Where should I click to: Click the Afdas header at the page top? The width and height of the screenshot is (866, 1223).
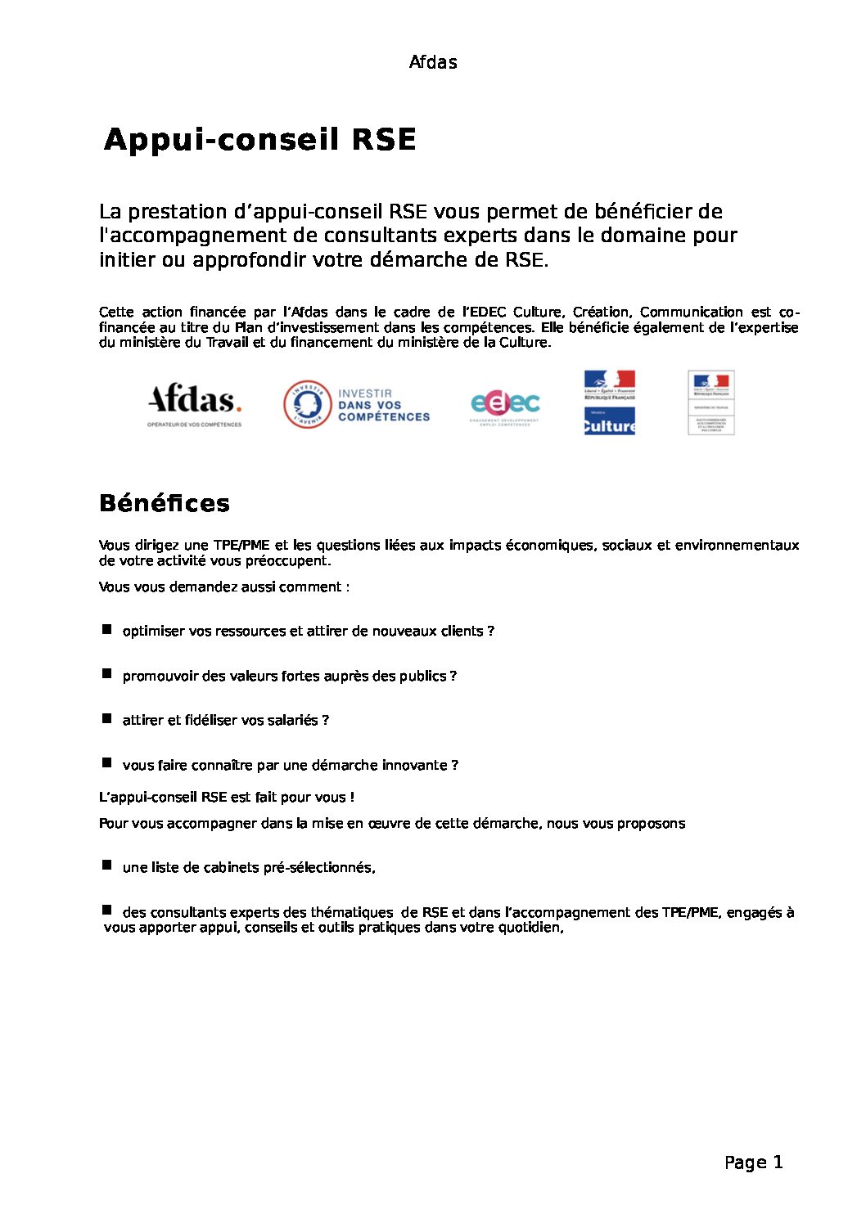click(x=432, y=62)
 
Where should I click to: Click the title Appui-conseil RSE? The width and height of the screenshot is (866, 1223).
click(x=260, y=140)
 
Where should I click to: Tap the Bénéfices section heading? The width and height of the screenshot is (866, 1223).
click(x=164, y=503)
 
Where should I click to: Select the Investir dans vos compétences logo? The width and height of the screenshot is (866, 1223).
click(x=357, y=405)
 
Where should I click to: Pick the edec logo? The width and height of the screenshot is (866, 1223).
click(x=505, y=405)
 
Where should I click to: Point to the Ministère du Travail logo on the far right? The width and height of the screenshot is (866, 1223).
click(x=710, y=402)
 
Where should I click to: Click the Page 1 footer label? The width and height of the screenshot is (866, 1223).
click(x=753, y=1162)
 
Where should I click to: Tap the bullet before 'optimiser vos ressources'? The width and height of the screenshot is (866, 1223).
click(x=106, y=629)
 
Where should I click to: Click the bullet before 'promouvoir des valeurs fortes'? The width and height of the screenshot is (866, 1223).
click(x=106, y=673)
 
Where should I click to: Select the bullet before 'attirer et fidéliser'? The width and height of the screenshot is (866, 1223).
click(x=106, y=718)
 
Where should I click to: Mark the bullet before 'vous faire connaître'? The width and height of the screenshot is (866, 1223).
click(x=106, y=762)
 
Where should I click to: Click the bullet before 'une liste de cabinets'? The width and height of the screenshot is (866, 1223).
click(x=106, y=865)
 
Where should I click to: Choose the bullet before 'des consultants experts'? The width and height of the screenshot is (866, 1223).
click(x=106, y=910)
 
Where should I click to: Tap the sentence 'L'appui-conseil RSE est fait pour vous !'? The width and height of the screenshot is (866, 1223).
click(x=226, y=798)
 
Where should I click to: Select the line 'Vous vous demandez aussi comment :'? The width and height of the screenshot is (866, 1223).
click(x=224, y=587)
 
